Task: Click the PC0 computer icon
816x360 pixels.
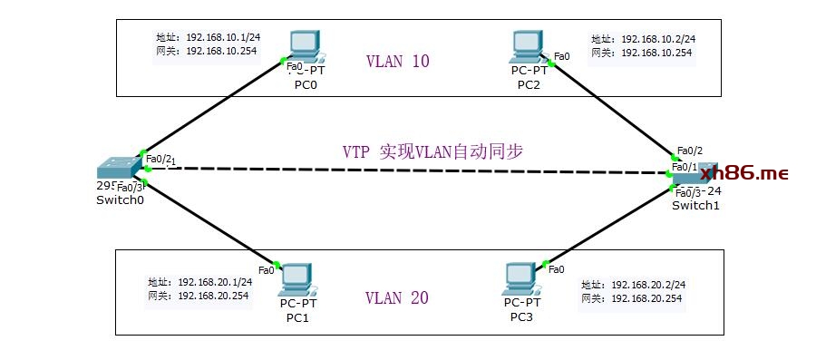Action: (304, 45)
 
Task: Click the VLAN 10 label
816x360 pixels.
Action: (397, 62)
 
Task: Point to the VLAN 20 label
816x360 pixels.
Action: (397, 298)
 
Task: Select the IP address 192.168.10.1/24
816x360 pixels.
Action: (222, 37)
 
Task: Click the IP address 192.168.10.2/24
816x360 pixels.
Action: (657, 39)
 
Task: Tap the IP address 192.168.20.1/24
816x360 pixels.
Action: (215, 282)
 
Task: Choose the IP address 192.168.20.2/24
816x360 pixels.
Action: (647, 284)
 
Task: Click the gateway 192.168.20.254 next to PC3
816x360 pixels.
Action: (647, 297)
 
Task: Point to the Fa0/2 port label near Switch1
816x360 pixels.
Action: (689, 151)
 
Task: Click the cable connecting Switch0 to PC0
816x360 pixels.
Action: (213, 111)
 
